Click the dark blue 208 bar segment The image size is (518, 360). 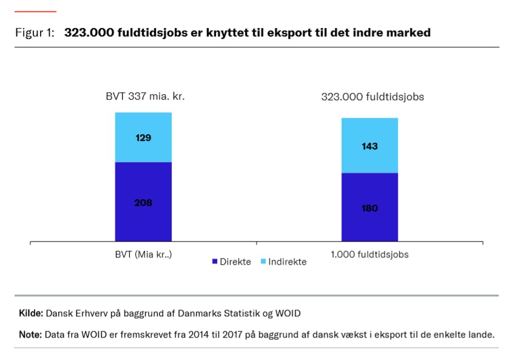(143, 202)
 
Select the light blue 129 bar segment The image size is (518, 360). (143, 138)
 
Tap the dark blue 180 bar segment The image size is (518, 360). (369, 207)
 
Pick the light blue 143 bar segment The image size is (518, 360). (369, 146)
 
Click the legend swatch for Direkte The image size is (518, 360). (214, 262)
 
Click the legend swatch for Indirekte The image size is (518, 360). (263, 262)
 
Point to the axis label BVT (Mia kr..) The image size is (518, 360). (143, 254)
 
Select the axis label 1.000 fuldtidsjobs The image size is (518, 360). (369, 254)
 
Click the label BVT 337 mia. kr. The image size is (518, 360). (145, 96)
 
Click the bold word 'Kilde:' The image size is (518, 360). (31, 313)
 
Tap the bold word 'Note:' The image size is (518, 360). (30, 335)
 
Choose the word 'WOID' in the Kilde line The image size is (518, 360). (288, 313)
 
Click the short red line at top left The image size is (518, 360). (35, 12)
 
